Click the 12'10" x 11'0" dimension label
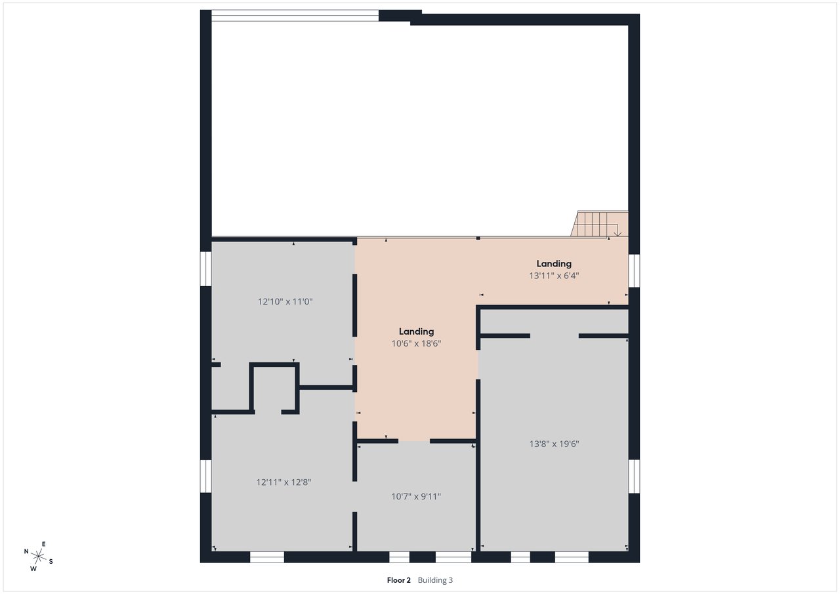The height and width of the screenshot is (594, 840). (x=285, y=301)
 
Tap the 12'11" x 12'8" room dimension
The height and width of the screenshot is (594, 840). (x=284, y=482)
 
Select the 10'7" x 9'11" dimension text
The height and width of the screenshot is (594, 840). (x=416, y=497)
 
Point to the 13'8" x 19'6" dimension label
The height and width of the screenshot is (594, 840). (x=555, y=444)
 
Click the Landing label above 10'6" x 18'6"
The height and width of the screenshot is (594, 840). (x=416, y=331)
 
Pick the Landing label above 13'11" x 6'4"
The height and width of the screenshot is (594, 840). (x=554, y=264)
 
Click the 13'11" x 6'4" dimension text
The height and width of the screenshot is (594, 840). (x=554, y=276)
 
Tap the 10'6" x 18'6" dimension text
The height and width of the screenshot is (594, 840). (x=416, y=343)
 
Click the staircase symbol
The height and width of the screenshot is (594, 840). (x=599, y=224)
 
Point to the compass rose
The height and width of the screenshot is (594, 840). (x=38, y=556)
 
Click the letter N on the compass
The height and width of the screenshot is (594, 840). (x=26, y=551)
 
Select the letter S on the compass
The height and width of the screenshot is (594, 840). (x=51, y=562)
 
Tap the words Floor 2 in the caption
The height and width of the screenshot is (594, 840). (x=398, y=580)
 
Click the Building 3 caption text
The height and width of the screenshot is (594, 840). (x=435, y=580)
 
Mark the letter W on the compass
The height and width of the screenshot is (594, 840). (x=33, y=569)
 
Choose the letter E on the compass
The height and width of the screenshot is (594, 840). (x=43, y=544)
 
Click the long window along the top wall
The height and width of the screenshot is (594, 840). (x=295, y=16)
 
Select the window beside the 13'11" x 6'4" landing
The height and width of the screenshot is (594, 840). (x=634, y=271)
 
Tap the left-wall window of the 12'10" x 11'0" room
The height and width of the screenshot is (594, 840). (x=206, y=269)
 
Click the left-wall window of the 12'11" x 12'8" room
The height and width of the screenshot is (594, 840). (x=206, y=477)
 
